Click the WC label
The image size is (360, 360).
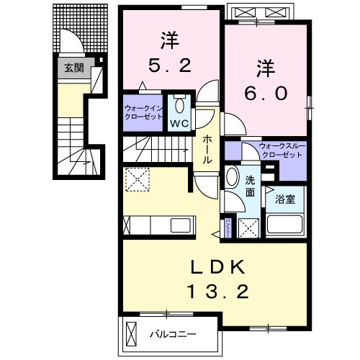179,122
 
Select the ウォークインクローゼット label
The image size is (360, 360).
143,114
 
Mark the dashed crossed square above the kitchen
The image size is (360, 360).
136,179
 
